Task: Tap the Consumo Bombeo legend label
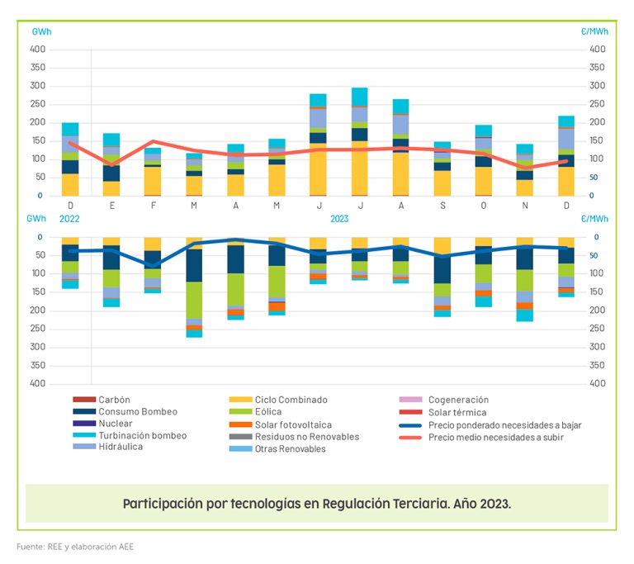[137, 412]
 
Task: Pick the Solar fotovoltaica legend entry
[289, 424]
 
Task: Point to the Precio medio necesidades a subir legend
[495, 437]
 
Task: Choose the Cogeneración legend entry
[458, 400]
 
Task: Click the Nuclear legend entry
[115, 424]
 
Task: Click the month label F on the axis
[153, 206]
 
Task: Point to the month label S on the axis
[442, 206]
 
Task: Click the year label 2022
[69, 219]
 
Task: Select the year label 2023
[340, 219]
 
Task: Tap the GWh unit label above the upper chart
[41, 31]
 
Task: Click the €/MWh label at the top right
[594, 31]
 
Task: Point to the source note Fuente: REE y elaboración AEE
[75, 547]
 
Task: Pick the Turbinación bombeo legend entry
[142, 436]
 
